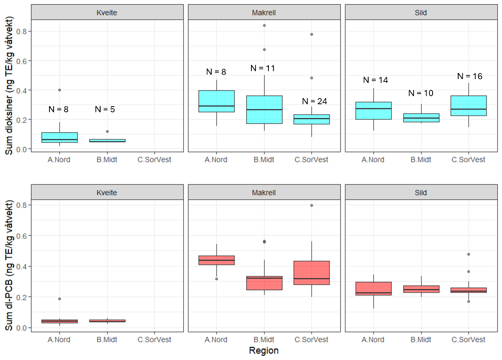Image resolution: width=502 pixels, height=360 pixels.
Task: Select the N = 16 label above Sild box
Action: point(470,76)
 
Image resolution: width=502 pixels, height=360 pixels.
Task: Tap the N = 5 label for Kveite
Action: point(105,109)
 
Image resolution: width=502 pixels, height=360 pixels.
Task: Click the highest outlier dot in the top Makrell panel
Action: point(264,25)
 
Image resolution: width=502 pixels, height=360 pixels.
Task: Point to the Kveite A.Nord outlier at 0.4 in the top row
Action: point(60,90)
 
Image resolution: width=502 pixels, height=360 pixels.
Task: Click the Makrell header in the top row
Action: point(264,12)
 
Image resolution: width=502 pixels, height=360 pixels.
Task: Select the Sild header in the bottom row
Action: point(421,193)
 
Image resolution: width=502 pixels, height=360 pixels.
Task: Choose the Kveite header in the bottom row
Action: point(106,193)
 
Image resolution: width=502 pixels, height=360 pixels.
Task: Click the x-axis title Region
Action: point(264,351)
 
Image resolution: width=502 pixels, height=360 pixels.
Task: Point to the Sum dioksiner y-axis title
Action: point(10,86)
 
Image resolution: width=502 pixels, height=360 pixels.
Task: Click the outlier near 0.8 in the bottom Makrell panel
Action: point(311,206)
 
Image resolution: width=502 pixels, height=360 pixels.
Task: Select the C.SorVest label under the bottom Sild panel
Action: point(469,340)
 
